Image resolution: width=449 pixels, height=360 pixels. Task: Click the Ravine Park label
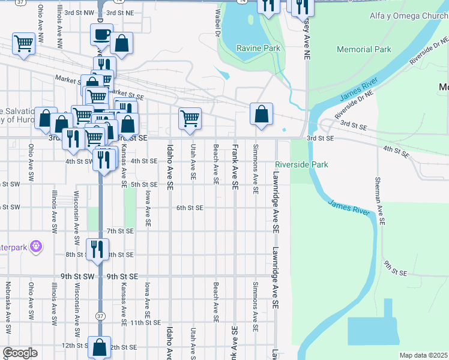click(258, 47)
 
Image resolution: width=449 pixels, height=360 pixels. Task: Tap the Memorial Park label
click(364, 50)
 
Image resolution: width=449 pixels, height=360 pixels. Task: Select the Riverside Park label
click(301, 164)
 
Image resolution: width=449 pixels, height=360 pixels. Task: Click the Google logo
click(20, 353)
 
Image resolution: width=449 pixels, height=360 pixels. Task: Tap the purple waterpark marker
click(36, 246)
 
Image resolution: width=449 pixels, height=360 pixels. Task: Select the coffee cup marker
click(102, 34)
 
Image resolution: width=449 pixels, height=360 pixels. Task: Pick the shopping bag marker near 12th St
click(100, 347)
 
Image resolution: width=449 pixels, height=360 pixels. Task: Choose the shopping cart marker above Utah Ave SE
click(190, 118)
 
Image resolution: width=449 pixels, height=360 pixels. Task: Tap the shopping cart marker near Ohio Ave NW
click(23, 43)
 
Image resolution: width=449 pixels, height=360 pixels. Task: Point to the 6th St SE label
click(190, 208)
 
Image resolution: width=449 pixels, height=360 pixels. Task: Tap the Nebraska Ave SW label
click(8, 307)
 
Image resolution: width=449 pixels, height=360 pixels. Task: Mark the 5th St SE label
click(143, 184)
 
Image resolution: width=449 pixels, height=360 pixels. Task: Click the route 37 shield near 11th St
click(100, 315)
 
